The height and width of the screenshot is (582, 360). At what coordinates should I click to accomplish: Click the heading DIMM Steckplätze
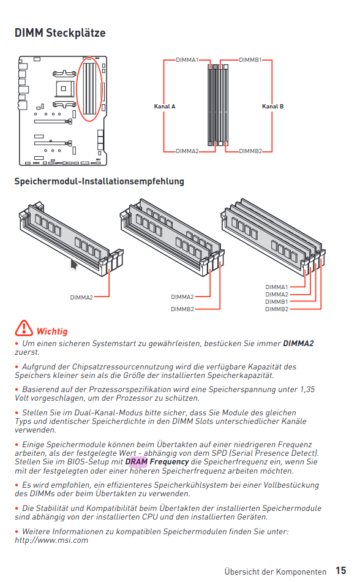pyautogui.click(x=60, y=33)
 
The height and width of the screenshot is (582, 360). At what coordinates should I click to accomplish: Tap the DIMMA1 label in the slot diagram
pyautogui.click(x=187, y=60)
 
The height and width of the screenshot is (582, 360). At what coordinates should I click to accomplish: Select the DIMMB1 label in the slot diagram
pyautogui.click(x=250, y=60)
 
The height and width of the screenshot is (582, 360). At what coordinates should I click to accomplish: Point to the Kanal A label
pyautogui.click(x=165, y=107)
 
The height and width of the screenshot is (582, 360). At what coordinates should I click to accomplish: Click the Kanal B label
pyautogui.click(x=273, y=107)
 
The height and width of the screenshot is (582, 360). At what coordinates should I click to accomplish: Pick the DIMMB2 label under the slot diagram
pyautogui.click(x=250, y=151)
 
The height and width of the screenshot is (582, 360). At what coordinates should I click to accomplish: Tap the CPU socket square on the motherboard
pyautogui.click(x=64, y=89)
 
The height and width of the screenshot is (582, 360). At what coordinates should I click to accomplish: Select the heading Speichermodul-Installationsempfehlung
pyautogui.click(x=99, y=181)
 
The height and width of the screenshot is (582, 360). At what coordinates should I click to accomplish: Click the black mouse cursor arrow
pyautogui.click(x=74, y=264)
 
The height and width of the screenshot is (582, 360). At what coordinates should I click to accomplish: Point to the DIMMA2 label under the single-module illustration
pyautogui.click(x=81, y=297)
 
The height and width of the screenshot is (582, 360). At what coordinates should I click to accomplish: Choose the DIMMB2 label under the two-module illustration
pyautogui.click(x=182, y=309)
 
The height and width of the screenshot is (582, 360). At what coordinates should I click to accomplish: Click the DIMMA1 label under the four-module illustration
pyautogui.click(x=277, y=287)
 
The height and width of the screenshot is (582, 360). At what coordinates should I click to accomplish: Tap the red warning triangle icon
pyautogui.click(x=24, y=328)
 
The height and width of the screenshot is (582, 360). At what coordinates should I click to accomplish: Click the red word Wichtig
pyautogui.click(x=52, y=331)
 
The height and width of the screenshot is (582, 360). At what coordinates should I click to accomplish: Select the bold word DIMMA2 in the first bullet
pyautogui.click(x=298, y=343)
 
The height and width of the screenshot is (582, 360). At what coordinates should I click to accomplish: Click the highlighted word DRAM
pyautogui.click(x=137, y=462)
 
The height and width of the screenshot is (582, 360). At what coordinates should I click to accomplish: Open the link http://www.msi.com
pyautogui.click(x=51, y=540)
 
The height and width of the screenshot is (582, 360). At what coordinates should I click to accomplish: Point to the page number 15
pyautogui.click(x=341, y=570)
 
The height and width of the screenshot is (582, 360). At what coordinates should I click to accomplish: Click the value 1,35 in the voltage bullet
pyautogui.click(x=307, y=390)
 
